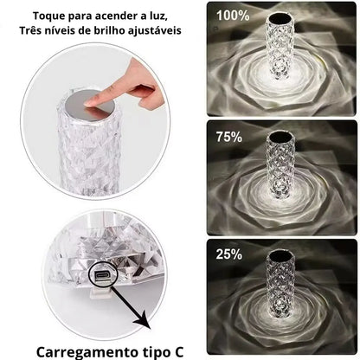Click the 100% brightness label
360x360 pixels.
tap(233, 16)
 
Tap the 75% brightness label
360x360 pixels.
tap(229, 137)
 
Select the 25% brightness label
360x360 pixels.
tap(229, 254)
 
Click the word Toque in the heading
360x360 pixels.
tap(49, 16)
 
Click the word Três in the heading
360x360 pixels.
tap(31, 30)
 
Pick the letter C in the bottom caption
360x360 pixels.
tap(179, 352)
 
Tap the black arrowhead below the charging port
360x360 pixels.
tap(145, 322)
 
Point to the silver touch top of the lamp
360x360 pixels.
tap(91, 104)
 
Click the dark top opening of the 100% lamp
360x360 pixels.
tap(280, 19)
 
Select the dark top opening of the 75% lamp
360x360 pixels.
tap(280, 136)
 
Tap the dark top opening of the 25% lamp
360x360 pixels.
tap(280, 254)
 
